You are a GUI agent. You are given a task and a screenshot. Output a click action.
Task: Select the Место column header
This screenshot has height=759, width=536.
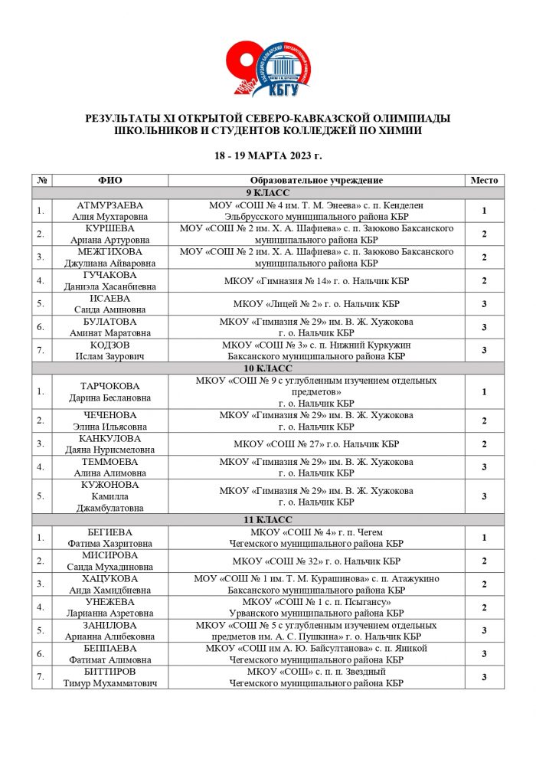click(x=484, y=180)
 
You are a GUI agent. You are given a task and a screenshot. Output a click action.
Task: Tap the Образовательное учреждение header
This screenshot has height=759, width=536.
click(x=317, y=180)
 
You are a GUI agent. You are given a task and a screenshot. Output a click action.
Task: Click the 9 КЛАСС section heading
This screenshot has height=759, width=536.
click(x=267, y=192)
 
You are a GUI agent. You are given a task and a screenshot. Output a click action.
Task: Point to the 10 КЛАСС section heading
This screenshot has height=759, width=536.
click(x=267, y=369)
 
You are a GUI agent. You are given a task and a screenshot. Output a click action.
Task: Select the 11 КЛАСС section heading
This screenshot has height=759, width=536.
click(x=267, y=519)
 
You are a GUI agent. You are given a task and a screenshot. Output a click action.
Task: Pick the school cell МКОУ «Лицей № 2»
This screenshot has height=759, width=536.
click(x=317, y=304)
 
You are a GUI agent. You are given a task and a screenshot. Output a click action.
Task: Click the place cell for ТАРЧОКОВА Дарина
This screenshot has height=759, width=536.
click(x=484, y=392)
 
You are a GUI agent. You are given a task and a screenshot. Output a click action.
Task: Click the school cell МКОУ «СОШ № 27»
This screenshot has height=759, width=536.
click(x=317, y=444)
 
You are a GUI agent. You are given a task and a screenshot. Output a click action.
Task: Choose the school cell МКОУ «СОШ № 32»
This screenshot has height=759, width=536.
click(x=317, y=561)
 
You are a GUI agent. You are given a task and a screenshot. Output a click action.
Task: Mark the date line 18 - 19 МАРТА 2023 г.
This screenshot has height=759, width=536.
click(x=267, y=155)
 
